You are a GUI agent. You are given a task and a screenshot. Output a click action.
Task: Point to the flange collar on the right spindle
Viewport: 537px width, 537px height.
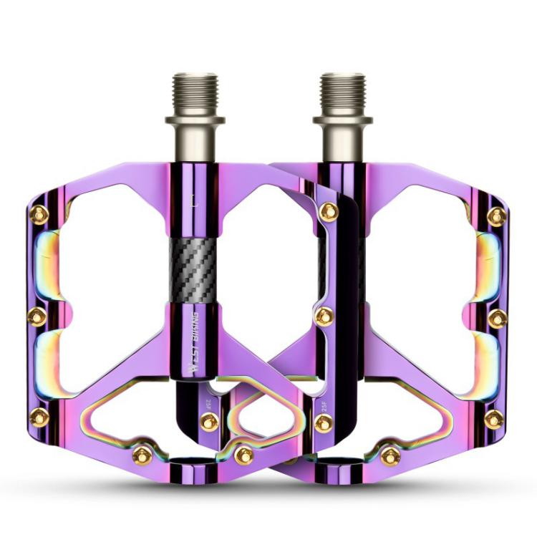click(x=342, y=120)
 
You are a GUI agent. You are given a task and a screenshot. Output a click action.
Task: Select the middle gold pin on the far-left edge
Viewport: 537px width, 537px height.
click(x=38, y=316)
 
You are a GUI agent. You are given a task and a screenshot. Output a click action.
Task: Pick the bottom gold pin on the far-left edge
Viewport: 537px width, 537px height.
click(x=39, y=417)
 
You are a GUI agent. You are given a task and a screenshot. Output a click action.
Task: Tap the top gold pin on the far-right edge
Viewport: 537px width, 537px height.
click(x=497, y=216)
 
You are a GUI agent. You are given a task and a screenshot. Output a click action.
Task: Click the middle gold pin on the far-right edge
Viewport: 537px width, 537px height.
click(x=498, y=317)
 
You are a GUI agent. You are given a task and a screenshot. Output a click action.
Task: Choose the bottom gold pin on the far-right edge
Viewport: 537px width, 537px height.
click(x=494, y=419)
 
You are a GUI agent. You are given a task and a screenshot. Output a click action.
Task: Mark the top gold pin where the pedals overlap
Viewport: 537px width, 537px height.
click(x=329, y=211)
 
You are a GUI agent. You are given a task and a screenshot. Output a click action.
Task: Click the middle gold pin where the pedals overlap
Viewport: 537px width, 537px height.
click(x=324, y=316)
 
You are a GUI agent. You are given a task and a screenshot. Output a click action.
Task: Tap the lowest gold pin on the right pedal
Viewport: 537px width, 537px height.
click(x=390, y=455)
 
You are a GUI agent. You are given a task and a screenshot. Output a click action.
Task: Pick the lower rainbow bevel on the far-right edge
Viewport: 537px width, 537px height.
click(x=489, y=365)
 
